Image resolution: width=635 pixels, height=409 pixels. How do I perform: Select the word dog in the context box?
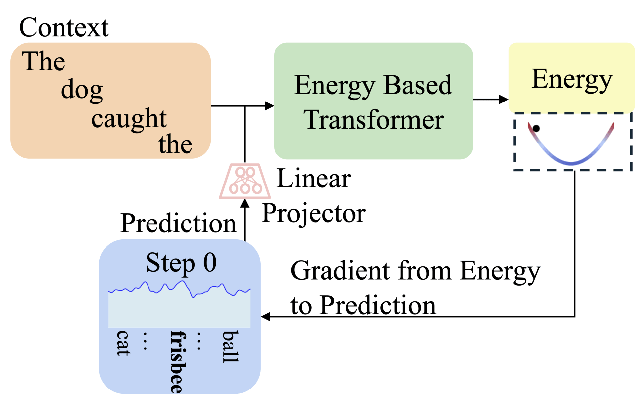pyautogui.click(x=82, y=90)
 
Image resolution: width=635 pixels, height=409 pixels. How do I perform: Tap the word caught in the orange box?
pyautogui.click(x=129, y=119)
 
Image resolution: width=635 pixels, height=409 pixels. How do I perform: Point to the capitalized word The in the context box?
pyautogui.click(x=43, y=61)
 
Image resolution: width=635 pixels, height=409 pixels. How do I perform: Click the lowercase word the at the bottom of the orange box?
pyautogui.click(x=175, y=144)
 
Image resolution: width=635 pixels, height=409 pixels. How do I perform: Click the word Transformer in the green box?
pyautogui.click(x=373, y=120)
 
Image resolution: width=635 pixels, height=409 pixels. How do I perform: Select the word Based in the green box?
pyautogui.click(x=418, y=85)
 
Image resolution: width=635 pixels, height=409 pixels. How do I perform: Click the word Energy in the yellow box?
pyautogui.click(x=572, y=80)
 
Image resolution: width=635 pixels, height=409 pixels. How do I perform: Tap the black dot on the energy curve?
pyautogui.click(x=536, y=128)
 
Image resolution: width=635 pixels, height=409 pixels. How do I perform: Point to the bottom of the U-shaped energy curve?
pyautogui.click(x=571, y=162)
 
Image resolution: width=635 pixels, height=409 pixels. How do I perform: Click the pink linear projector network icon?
pyautogui.click(x=245, y=181)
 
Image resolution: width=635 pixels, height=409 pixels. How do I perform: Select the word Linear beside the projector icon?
pyautogui.click(x=314, y=179)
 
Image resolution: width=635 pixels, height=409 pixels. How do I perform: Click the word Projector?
pyautogui.click(x=314, y=214)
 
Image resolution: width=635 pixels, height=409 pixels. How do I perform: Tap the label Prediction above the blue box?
pyautogui.click(x=178, y=224)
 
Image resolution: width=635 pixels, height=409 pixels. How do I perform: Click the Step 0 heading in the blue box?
pyautogui.click(x=181, y=263)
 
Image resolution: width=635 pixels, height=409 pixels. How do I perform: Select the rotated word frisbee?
pyautogui.click(x=178, y=362)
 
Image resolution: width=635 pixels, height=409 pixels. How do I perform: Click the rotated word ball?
pyautogui.click(x=230, y=347)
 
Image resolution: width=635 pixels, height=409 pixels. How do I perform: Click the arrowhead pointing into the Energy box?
pyautogui.click(x=503, y=99)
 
